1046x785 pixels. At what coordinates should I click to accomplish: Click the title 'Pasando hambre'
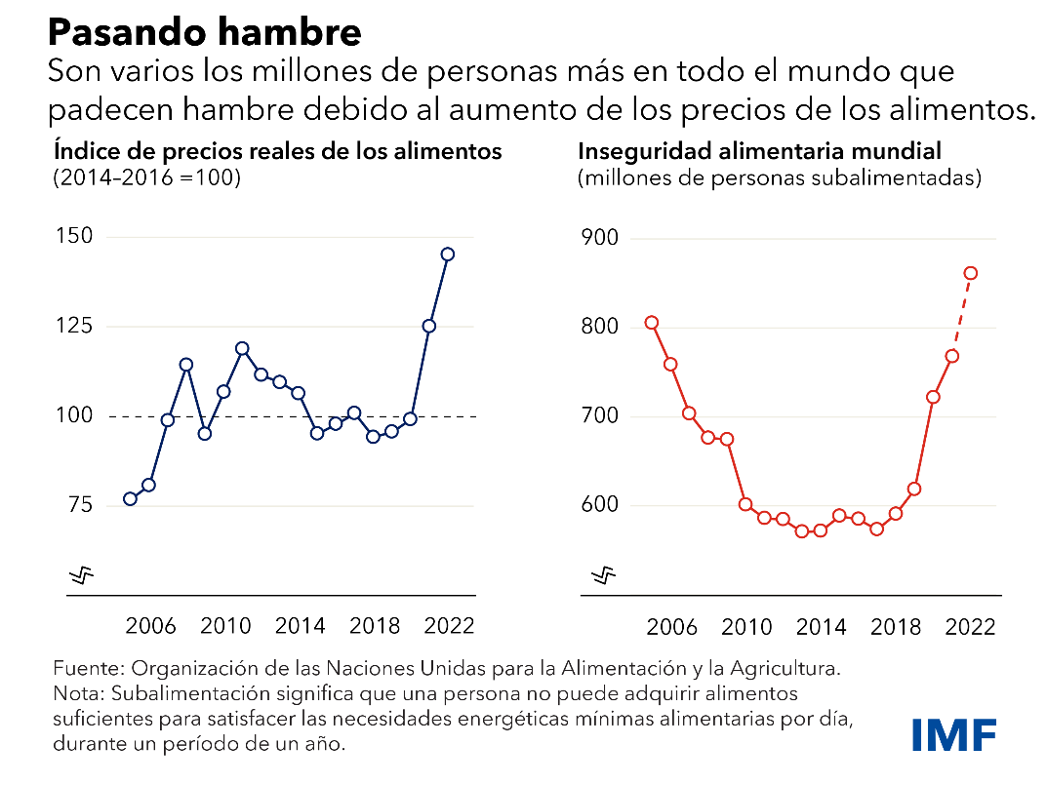pyautogui.click(x=205, y=32)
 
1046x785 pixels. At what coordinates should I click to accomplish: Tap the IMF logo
pyautogui.click(x=955, y=734)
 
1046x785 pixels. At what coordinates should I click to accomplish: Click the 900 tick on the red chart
pyautogui.click(x=602, y=239)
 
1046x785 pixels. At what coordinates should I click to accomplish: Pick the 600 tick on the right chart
pyautogui.click(x=602, y=505)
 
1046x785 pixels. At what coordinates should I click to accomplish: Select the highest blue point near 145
pyautogui.click(x=447, y=254)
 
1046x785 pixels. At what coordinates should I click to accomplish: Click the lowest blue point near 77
pyautogui.click(x=130, y=498)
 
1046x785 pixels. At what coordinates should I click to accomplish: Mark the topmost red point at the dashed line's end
pyautogui.click(x=971, y=273)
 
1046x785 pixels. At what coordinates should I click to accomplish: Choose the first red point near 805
pyautogui.click(x=652, y=323)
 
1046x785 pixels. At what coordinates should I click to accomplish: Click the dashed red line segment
pyautogui.click(x=962, y=314)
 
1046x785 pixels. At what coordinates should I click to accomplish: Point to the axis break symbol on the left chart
pyautogui.click(x=85, y=576)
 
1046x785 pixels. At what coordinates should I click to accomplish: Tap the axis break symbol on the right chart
pyautogui.click(x=605, y=576)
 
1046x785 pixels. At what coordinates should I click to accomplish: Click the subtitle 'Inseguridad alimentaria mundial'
pyautogui.click(x=759, y=152)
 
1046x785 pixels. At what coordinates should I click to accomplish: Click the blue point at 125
pyautogui.click(x=428, y=326)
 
